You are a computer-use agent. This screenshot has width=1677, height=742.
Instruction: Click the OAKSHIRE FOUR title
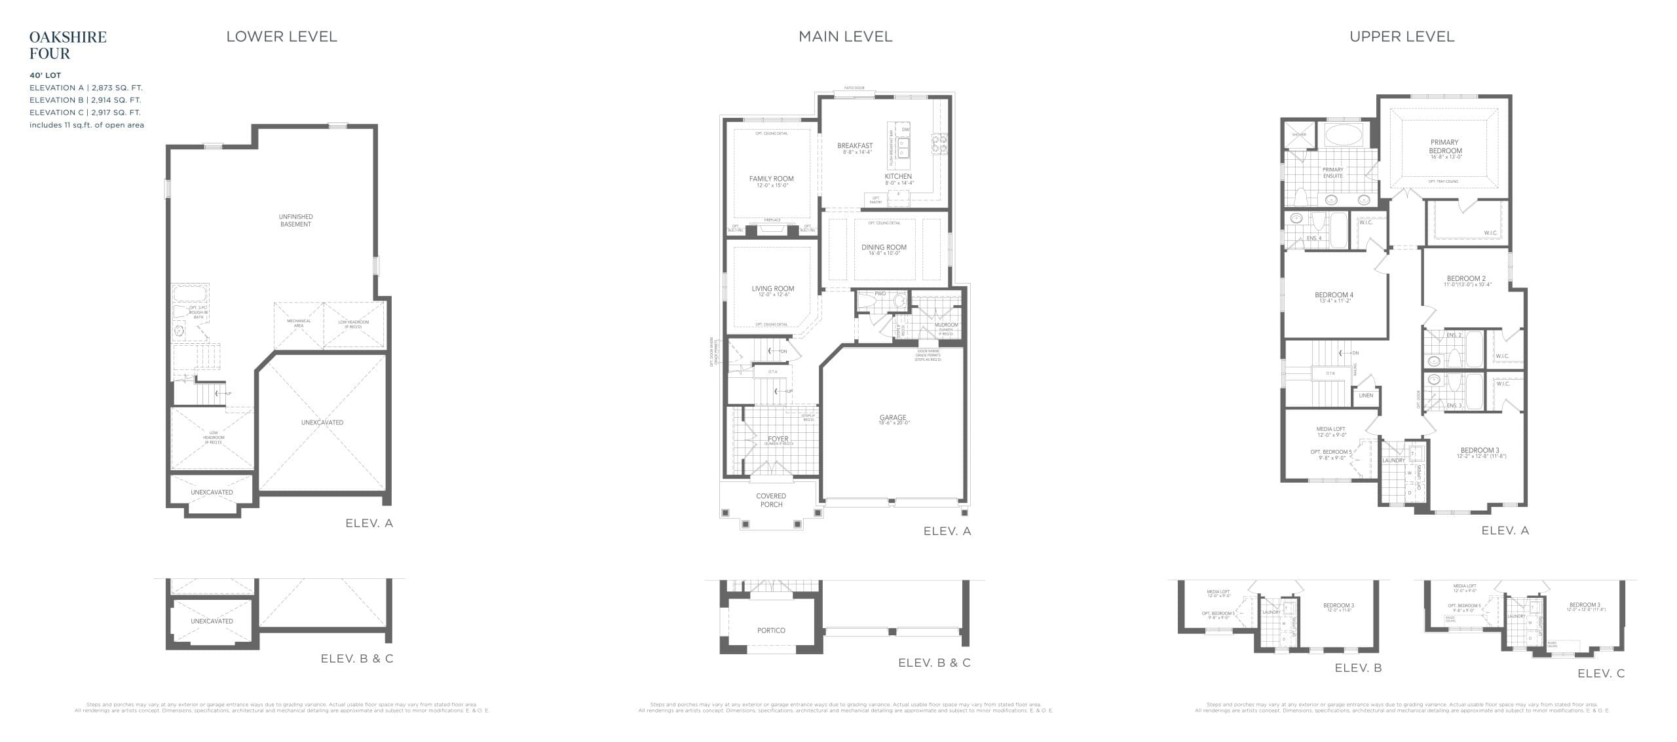coord(67,45)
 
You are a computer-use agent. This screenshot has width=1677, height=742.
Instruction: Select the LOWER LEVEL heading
coord(281,37)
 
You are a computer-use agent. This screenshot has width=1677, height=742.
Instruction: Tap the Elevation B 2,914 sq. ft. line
coord(85,100)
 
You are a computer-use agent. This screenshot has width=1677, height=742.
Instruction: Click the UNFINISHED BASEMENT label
coord(295,220)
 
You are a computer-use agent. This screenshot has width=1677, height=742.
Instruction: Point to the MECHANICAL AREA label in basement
coord(299,323)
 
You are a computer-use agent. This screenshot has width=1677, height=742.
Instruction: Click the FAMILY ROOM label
coord(771,179)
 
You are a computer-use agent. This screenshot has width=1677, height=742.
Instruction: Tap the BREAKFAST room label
coord(854,146)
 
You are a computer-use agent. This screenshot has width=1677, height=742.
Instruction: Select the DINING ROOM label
coord(884,248)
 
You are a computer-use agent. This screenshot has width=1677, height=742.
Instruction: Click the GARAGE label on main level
coord(892,418)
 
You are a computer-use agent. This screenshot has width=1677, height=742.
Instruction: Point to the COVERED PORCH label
coord(771,500)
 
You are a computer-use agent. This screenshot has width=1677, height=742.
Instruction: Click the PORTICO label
coord(771,630)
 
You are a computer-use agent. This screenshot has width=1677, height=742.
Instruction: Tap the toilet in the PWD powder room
coord(866,301)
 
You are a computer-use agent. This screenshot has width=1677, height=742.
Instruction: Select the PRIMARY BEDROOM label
coord(1444,147)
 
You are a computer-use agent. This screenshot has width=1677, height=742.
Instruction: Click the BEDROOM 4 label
coord(1334,295)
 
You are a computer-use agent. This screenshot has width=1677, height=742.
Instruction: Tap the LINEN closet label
coord(1366,396)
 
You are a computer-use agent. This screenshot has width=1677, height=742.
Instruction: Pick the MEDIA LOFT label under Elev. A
coord(1330,430)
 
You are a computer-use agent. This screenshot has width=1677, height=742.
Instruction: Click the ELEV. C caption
coord(1600,673)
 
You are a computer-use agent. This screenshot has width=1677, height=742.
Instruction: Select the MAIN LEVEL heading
coord(844,37)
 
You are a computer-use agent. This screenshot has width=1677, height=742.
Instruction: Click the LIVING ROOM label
coord(772,289)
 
